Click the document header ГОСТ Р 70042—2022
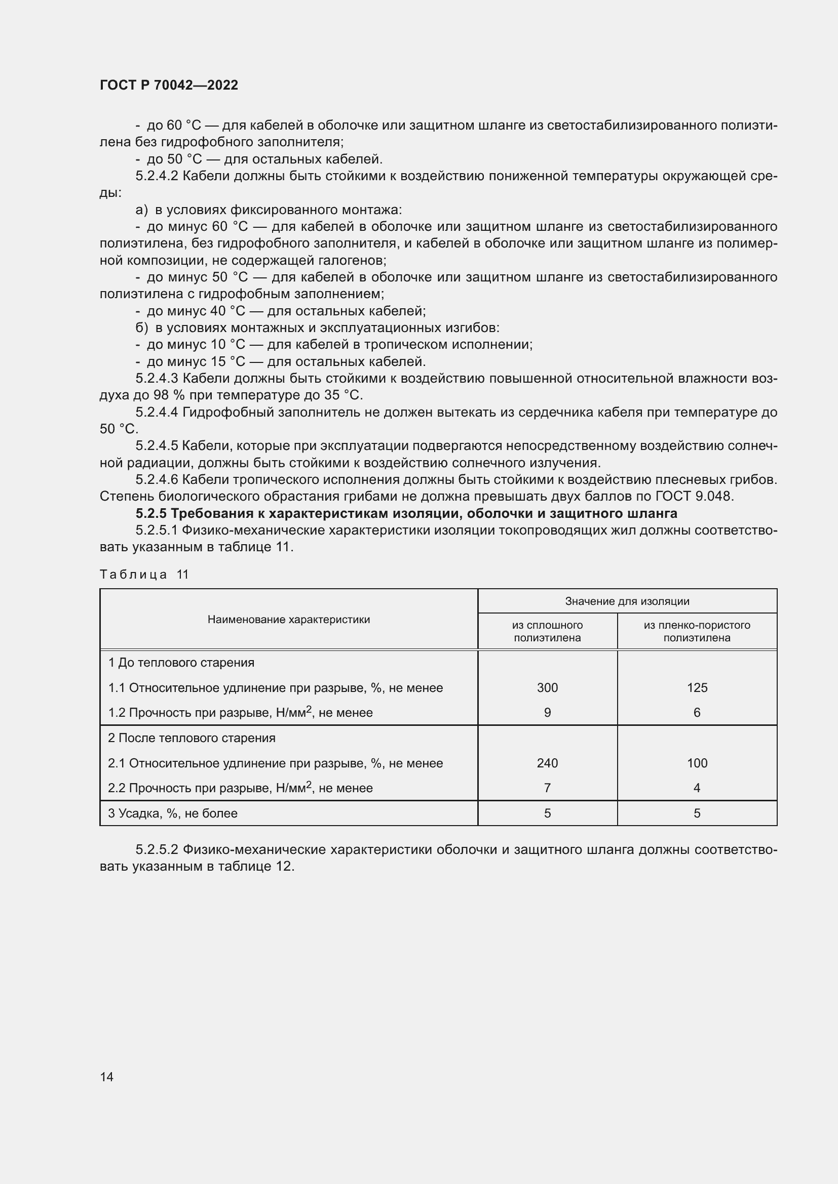pos(169,85)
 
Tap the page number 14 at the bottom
pos(106,1077)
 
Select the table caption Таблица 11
pos(144,575)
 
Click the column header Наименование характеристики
pos(288,619)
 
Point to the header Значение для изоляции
pos(627,601)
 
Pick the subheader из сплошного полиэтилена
pos(547,631)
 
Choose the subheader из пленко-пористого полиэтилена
pos(697,631)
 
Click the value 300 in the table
pos(547,687)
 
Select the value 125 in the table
pos(697,687)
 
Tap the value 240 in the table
pos(547,763)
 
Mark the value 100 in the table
pos(697,763)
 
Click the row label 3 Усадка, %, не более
pos(172,813)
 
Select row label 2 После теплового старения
pos(192,738)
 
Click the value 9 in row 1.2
pos(547,712)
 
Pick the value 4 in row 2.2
pos(697,788)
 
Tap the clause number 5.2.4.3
pos(157,379)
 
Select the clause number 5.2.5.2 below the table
pos(157,849)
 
